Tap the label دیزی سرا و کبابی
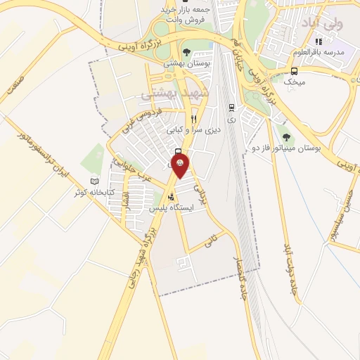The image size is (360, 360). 193,130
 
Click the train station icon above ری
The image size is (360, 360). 231,108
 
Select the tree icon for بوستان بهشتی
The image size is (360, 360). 186,51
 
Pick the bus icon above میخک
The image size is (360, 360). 294,70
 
